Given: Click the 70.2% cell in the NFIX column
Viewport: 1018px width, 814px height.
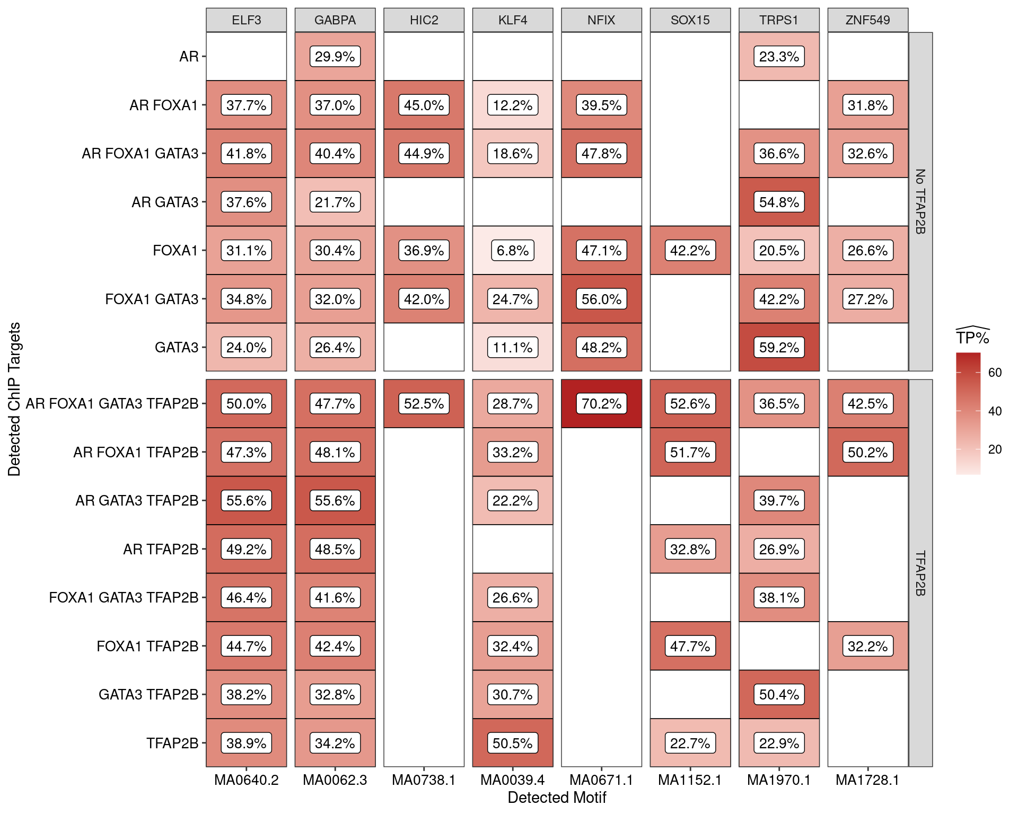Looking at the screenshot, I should click(x=601, y=404).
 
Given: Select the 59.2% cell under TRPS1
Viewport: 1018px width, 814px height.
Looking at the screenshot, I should click(x=779, y=348).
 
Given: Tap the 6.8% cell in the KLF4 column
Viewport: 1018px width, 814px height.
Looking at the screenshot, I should click(x=513, y=251).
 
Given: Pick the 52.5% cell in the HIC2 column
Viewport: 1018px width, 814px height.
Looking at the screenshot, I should click(x=424, y=404).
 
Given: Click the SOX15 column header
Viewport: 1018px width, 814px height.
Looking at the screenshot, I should click(x=690, y=20).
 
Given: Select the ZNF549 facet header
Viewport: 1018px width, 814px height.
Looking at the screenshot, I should click(x=867, y=20).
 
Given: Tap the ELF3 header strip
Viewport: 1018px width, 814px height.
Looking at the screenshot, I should click(x=246, y=20).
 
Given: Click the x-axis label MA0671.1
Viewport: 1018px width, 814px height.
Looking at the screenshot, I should click(x=601, y=780).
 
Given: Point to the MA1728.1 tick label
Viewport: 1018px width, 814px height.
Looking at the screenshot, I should click(x=867, y=780).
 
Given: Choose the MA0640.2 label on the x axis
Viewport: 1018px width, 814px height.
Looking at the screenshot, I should click(x=246, y=780).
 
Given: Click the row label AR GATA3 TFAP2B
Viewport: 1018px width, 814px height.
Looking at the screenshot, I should click(x=137, y=501).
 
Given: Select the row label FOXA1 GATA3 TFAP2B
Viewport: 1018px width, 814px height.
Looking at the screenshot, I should click(x=124, y=598).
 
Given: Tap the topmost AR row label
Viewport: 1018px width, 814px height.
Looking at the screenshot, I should click(x=189, y=57).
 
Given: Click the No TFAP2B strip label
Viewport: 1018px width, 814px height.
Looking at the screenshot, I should click(x=920, y=201).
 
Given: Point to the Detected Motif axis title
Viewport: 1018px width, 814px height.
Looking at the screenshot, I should click(x=557, y=798).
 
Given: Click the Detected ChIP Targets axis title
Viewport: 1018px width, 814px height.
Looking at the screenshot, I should click(x=14, y=399).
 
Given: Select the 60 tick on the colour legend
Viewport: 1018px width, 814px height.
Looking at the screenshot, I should click(x=995, y=373).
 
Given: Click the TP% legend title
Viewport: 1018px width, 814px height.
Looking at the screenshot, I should click(x=972, y=338).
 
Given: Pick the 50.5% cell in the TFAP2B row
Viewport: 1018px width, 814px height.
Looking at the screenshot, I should click(x=513, y=743).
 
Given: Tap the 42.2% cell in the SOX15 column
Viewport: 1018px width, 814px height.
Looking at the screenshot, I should click(x=690, y=251).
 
